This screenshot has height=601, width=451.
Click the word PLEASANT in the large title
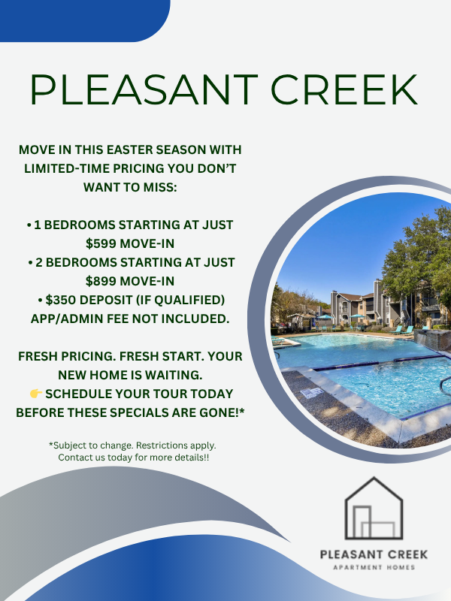pyautogui.click(x=144, y=89)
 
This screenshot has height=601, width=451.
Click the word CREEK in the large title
pyautogui.click(x=344, y=89)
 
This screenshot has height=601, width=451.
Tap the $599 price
pyautogui.click(x=101, y=243)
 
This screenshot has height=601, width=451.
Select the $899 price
pyautogui.click(x=101, y=281)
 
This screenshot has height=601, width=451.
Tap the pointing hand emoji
pyautogui.click(x=36, y=393)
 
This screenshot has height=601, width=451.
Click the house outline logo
pyautogui.click(x=374, y=509)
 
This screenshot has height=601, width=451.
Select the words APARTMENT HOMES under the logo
pyautogui.click(x=374, y=567)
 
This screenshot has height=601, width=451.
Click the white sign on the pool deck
pyautogui.click(x=311, y=392)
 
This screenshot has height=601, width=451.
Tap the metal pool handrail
pyautogui.click(x=445, y=385)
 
